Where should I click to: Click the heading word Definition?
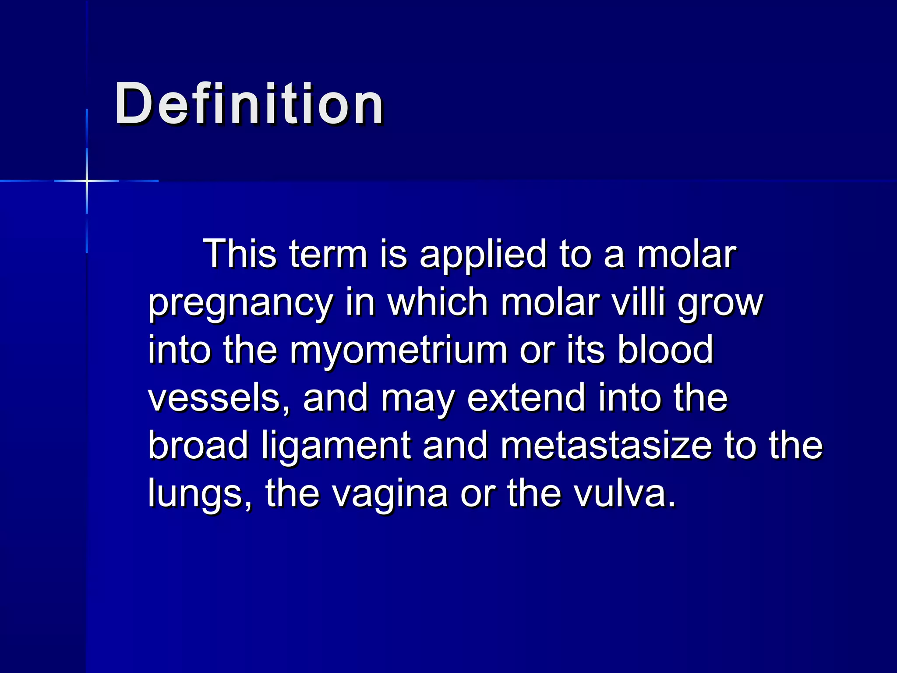tap(249, 104)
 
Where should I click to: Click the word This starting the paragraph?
tap(240, 254)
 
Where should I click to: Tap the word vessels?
tap(214, 397)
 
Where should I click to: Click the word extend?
tap(526, 397)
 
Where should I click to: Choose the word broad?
tap(198, 445)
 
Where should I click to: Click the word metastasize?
tap(606, 445)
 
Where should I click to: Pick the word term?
tap(328, 255)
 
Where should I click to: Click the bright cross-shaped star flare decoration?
tap(87, 181)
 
